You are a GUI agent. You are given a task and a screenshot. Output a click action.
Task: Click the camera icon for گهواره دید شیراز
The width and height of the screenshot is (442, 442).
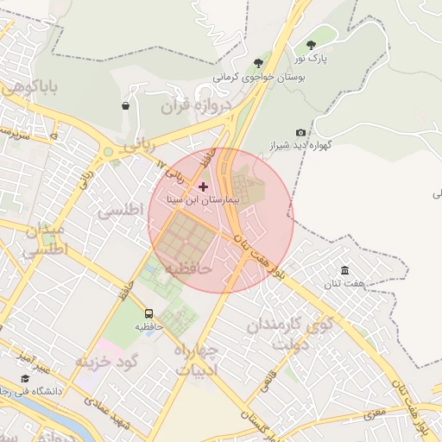pos(300,132)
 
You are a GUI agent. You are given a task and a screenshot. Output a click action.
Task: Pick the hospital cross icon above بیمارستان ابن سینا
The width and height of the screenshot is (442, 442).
pos(204,186)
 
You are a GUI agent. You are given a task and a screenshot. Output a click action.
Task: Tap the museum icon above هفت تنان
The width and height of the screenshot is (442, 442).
pos(345,270)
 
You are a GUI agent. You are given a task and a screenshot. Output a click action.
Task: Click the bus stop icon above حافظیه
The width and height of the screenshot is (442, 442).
pos(149,313)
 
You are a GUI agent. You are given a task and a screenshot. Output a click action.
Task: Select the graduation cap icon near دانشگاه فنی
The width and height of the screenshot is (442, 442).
pos(26,379)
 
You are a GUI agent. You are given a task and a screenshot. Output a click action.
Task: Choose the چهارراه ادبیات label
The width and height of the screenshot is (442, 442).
pos(199,359)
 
